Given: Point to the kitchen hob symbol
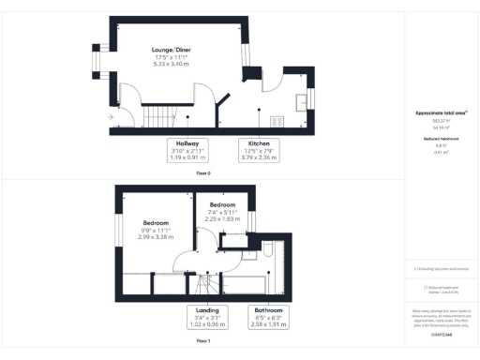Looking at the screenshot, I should [278, 120].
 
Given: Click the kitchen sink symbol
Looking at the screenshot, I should [303, 101].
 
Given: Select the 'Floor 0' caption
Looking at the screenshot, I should [203, 173].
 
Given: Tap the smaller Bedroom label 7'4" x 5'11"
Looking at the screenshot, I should [222, 210].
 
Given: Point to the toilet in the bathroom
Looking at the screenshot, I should [267, 251].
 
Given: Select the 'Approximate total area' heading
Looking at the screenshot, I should [441, 112].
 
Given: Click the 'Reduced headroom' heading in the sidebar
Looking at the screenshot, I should [441, 138].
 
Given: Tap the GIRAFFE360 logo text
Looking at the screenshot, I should [441, 334].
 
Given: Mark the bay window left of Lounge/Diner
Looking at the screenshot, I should [96, 63].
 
